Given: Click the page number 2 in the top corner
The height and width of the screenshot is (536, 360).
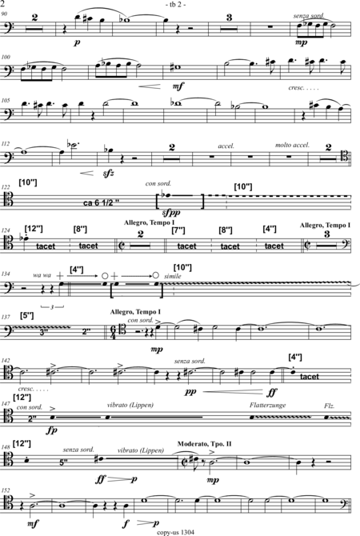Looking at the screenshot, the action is [2, 4].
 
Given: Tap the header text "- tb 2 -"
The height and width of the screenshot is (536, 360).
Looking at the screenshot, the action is [175, 5].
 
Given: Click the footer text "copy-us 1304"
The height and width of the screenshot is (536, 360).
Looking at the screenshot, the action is [175, 532].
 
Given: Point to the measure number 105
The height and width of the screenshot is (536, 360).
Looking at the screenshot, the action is [6, 101].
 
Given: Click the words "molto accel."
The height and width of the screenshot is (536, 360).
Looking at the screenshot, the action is [292, 145].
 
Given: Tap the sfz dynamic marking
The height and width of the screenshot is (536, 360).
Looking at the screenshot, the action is [108, 174].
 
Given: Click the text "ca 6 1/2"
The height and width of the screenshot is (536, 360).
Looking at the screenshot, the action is [101, 203].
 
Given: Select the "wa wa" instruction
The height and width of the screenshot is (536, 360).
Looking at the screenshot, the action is [42, 275].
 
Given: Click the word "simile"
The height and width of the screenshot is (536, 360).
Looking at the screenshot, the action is [173, 276].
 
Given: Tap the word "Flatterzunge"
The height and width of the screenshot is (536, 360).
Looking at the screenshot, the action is [267, 405].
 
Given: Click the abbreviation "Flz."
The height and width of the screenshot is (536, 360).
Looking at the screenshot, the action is [330, 406].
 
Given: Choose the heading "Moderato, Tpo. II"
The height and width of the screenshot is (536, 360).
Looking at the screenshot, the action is [205, 444].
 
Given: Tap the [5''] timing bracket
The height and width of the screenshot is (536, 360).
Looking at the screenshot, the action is [27, 315].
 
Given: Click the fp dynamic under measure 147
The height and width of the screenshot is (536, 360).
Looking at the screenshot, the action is [52, 430].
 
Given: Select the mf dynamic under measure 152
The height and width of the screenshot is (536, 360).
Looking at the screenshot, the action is [34, 522].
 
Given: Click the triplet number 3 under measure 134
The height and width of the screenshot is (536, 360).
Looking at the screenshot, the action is [52, 307].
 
